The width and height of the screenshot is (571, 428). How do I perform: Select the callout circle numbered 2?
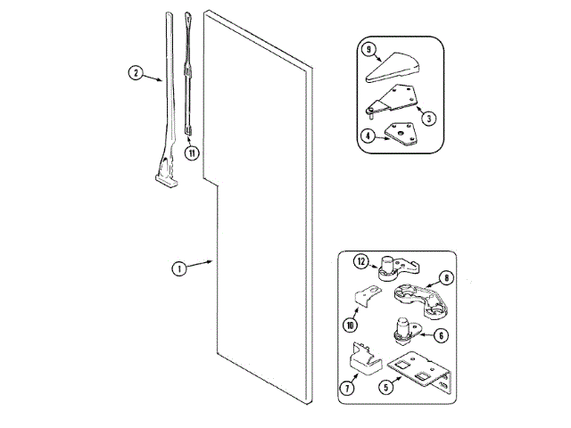point(136,74)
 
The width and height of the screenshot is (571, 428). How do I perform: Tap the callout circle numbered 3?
point(429,117)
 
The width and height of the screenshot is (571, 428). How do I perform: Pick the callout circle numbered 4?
point(368,136)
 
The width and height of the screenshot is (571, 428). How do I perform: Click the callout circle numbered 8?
point(445,277)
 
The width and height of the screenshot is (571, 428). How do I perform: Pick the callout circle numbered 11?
point(190,152)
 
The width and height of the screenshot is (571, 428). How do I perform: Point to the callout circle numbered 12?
point(361,262)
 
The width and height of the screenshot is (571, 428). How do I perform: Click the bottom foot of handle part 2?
point(166,181)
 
